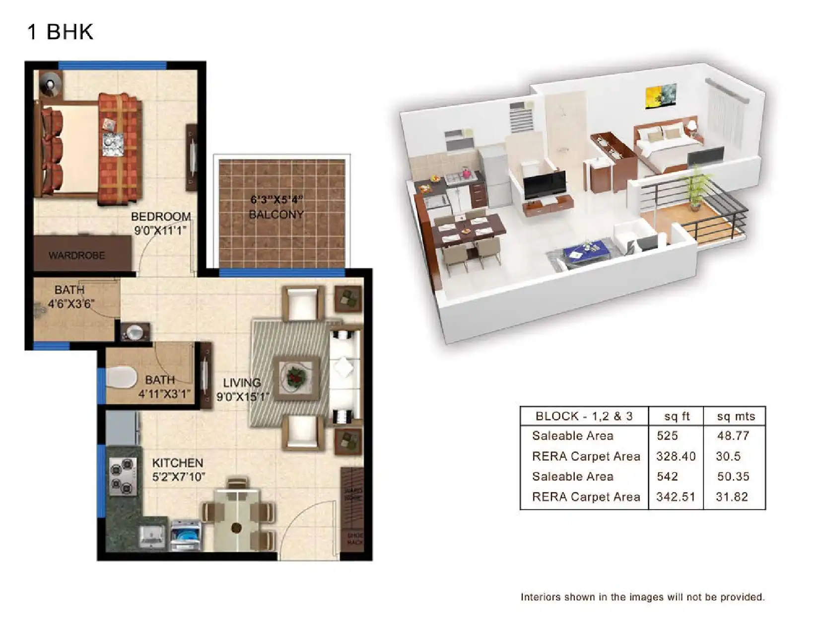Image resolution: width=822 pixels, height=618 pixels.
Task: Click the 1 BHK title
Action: [60, 32]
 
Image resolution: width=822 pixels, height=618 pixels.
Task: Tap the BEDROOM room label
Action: [161, 217]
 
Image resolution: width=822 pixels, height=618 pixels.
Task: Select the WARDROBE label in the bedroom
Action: [76, 255]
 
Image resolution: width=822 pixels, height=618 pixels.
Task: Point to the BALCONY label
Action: [276, 215]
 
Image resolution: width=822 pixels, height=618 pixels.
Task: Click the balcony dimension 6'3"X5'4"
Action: [276, 200]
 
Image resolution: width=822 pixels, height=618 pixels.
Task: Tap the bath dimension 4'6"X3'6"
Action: [70, 304]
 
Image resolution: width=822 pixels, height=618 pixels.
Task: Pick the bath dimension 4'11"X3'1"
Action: [164, 394]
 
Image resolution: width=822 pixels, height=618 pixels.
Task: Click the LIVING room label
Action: [242, 383]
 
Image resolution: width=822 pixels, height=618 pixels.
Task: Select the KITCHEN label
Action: [177, 463]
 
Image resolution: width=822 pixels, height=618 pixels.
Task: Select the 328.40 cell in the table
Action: [676, 456]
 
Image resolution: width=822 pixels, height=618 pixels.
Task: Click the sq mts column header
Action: [736, 416]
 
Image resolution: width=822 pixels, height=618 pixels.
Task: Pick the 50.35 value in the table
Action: [733, 476]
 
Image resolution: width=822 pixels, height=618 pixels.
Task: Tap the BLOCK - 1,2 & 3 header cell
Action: [584, 416]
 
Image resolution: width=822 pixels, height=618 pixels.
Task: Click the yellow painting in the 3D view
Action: [661, 96]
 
